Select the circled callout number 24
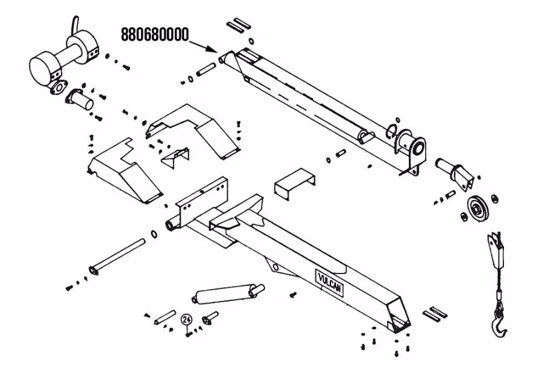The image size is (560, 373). point(186,319)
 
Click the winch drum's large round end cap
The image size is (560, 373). point(44,67)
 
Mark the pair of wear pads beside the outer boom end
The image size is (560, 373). point(435,313)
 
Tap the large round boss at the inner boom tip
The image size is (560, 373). point(416,149)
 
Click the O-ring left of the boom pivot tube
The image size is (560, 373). point(153,234)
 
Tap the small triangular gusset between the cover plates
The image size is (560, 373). point(174,156)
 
